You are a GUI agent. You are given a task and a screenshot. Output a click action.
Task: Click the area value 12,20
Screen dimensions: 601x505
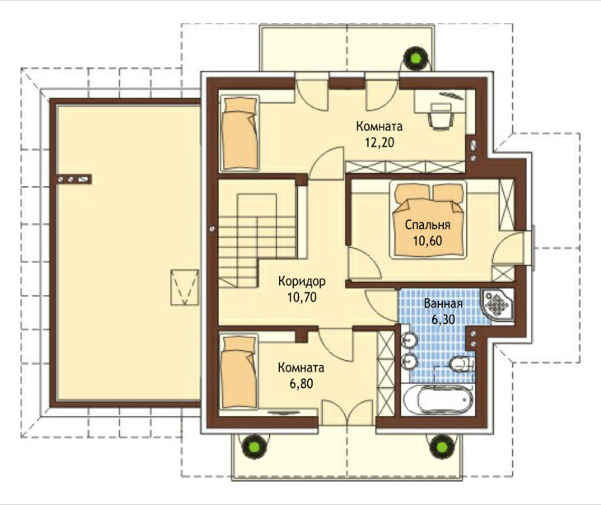[x=379, y=143]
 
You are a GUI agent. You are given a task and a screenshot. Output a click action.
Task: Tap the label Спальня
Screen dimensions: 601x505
[x=427, y=225]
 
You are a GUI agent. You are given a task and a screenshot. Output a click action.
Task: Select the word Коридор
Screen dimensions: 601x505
[x=302, y=281]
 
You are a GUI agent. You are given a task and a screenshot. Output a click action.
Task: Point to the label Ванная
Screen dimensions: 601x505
[x=443, y=304]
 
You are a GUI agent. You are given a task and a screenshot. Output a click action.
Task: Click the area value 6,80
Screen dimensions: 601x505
[x=301, y=383]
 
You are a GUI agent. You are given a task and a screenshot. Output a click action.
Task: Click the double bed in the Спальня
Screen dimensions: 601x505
[x=428, y=220]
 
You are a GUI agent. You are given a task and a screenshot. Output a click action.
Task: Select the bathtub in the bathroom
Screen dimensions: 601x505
[x=439, y=400]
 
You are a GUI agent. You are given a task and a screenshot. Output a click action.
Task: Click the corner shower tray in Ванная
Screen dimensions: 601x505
[x=497, y=306]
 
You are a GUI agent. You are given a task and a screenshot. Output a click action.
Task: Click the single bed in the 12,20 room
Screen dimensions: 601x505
[x=240, y=133]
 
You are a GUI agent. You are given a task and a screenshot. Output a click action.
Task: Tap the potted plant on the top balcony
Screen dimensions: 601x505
[x=416, y=58]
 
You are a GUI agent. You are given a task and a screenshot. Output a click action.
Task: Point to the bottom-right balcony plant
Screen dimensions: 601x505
[x=441, y=446]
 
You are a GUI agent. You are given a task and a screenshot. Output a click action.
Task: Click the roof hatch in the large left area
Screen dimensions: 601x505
[x=184, y=288]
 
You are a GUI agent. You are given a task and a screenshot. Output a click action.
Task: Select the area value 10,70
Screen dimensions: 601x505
[x=302, y=297]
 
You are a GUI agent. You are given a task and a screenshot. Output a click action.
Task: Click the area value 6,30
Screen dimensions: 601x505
[x=443, y=320]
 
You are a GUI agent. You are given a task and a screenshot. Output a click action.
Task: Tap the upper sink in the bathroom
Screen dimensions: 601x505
[x=409, y=339]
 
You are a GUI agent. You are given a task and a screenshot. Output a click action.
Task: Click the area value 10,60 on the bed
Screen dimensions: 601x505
[x=427, y=241]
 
